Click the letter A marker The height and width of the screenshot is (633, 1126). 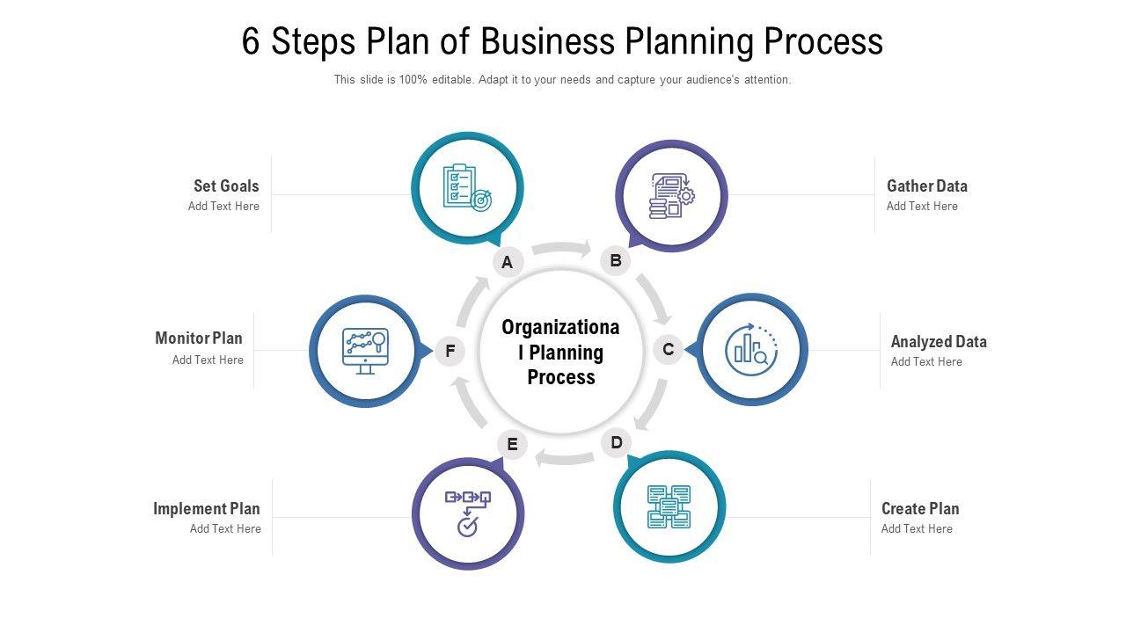click(x=508, y=262)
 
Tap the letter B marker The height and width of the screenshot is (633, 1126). click(x=616, y=260)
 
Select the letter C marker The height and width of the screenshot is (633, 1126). click(x=669, y=350)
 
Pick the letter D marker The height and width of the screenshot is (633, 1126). click(x=617, y=442)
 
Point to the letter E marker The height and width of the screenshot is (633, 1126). click(x=512, y=444)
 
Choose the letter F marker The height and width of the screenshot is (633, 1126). click(x=450, y=352)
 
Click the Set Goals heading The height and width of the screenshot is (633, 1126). click(x=226, y=186)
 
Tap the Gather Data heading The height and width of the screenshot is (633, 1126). click(x=926, y=186)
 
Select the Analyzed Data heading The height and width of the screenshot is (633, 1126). click(x=939, y=341)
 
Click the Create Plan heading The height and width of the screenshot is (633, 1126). click(x=920, y=508)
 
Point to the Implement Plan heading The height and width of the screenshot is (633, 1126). click(x=207, y=508)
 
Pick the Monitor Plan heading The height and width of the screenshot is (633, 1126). click(x=199, y=338)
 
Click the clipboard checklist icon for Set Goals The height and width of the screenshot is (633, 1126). click(x=467, y=188)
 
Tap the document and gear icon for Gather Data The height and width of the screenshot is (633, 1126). click(x=671, y=195)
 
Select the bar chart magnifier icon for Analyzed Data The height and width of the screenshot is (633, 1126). click(x=751, y=348)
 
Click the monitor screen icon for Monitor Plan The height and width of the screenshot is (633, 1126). click(x=365, y=351)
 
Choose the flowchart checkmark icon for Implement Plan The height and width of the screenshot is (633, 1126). click(x=467, y=513)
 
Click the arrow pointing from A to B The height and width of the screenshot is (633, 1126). click(x=562, y=249)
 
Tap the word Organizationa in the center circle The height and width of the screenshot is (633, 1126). click(x=560, y=328)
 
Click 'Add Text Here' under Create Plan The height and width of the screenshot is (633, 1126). click(x=917, y=528)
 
